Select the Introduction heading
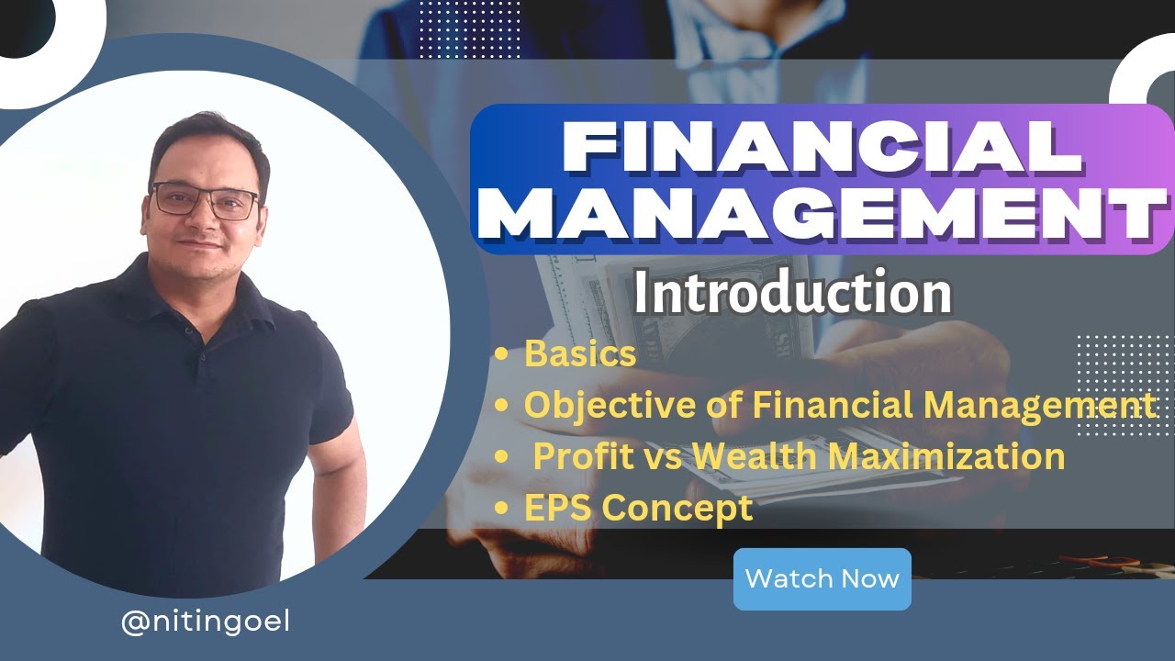pyautogui.click(x=792, y=294)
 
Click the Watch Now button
pyautogui.click(x=822, y=579)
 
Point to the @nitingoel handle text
pyautogui.click(x=206, y=622)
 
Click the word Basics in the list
pyautogui.click(x=580, y=354)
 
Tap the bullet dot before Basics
pyautogui.click(x=501, y=355)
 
